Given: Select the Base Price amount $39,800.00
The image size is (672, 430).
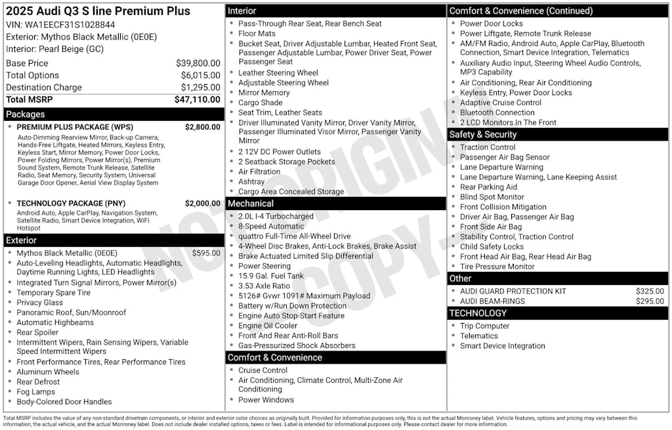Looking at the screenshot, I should [x=198, y=64].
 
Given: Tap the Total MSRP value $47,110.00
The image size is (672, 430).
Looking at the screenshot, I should [x=197, y=100].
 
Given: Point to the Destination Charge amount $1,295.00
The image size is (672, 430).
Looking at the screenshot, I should [x=200, y=88].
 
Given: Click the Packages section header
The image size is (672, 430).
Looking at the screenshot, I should [x=26, y=114].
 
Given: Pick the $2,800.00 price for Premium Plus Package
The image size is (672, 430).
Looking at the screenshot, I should [x=202, y=127].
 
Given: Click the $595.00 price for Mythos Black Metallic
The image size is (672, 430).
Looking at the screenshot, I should [x=206, y=253].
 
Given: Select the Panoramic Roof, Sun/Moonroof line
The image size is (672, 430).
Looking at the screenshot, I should [x=72, y=312].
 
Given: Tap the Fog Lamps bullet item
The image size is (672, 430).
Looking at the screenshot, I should [x=36, y=391].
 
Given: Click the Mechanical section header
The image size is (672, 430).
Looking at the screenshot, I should [x=251, y=204].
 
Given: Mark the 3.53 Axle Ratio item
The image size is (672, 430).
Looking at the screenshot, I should [x=264, y=286].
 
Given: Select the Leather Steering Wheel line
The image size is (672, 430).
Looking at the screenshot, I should [x=278, y=73].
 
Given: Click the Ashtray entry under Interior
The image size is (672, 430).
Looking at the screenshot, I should [x=251, y=182].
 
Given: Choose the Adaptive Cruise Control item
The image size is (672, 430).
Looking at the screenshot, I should [x=501, y=102].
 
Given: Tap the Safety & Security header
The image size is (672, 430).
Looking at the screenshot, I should [x=483, y=135].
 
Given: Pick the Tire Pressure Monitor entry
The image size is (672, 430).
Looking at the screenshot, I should [x=497, y=267].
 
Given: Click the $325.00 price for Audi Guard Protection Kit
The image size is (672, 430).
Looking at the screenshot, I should [x=650, y=291].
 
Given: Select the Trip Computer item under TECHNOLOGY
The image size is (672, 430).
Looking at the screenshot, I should [x=485, y=326].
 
